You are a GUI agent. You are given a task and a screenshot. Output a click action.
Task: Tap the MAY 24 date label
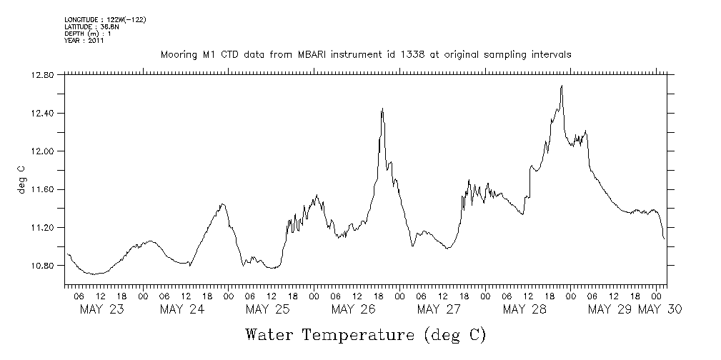(x=182, y=309)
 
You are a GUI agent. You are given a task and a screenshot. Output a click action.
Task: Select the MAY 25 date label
(x=267, y=309)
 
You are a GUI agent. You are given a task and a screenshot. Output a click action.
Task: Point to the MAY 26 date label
(x=353, y=309)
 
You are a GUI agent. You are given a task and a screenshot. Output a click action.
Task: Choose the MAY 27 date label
(x=438, y=309)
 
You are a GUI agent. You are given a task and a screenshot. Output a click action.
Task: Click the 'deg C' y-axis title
(x=21, y=179)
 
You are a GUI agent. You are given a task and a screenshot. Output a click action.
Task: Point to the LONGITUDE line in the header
(x=105, y=19)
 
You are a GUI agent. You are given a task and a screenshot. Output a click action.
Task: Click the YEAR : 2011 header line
(x=84, y=41)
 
